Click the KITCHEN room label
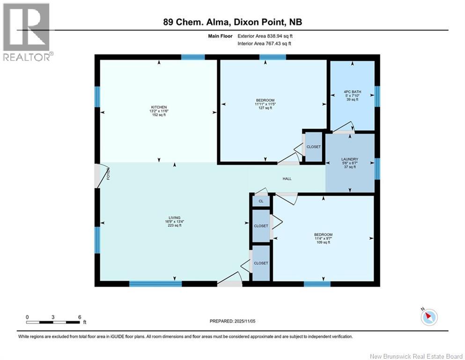(x=159, y=107)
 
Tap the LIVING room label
(x=174, y=218)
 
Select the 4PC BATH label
(x=352, y=92)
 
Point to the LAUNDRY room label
(x=350, y=159)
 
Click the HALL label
(x=287, y=179)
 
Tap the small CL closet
(x=261, y=201)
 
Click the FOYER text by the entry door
(x=108, y=174)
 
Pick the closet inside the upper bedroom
(x=313, y=147)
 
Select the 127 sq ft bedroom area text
(x=265, y=108)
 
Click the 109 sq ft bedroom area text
(x=323, y=242)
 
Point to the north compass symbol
(x=429, y=317)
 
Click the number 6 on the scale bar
(x=80, y=317)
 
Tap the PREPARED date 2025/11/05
(x=244, y=321)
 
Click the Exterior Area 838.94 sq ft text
(x=265, y=36)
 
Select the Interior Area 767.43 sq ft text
(x=264, y=44)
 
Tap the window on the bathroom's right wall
(x=377, y=96)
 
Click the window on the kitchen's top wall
(x=193, y=57)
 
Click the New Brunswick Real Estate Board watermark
(x=416, y=356)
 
